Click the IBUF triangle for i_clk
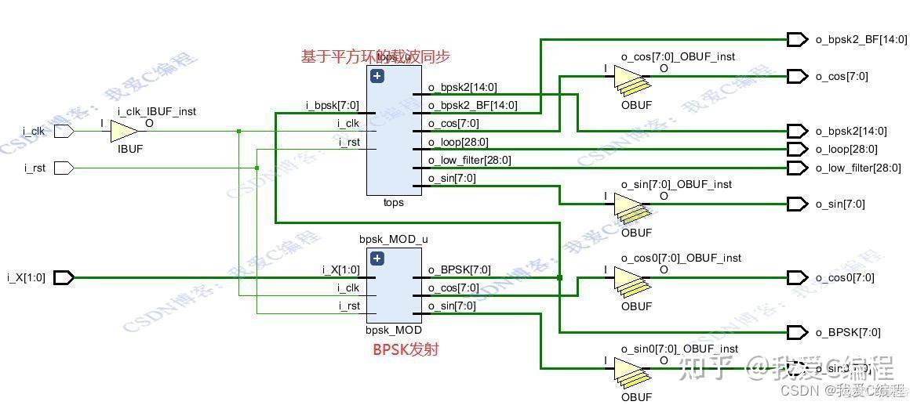pos(124,132)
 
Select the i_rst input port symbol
pos(64,168)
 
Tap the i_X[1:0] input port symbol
pos(64,277)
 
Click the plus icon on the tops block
pos(377,76)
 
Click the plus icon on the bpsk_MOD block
pos(377,259)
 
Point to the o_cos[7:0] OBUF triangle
pos(628,77)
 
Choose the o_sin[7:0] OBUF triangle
pos(628,204)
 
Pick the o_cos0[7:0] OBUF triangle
pos(628,278)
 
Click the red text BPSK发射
pos(405,349)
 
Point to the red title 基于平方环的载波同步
pos(376,56)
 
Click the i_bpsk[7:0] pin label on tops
pos(333,106)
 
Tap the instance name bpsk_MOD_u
pos(394,239)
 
